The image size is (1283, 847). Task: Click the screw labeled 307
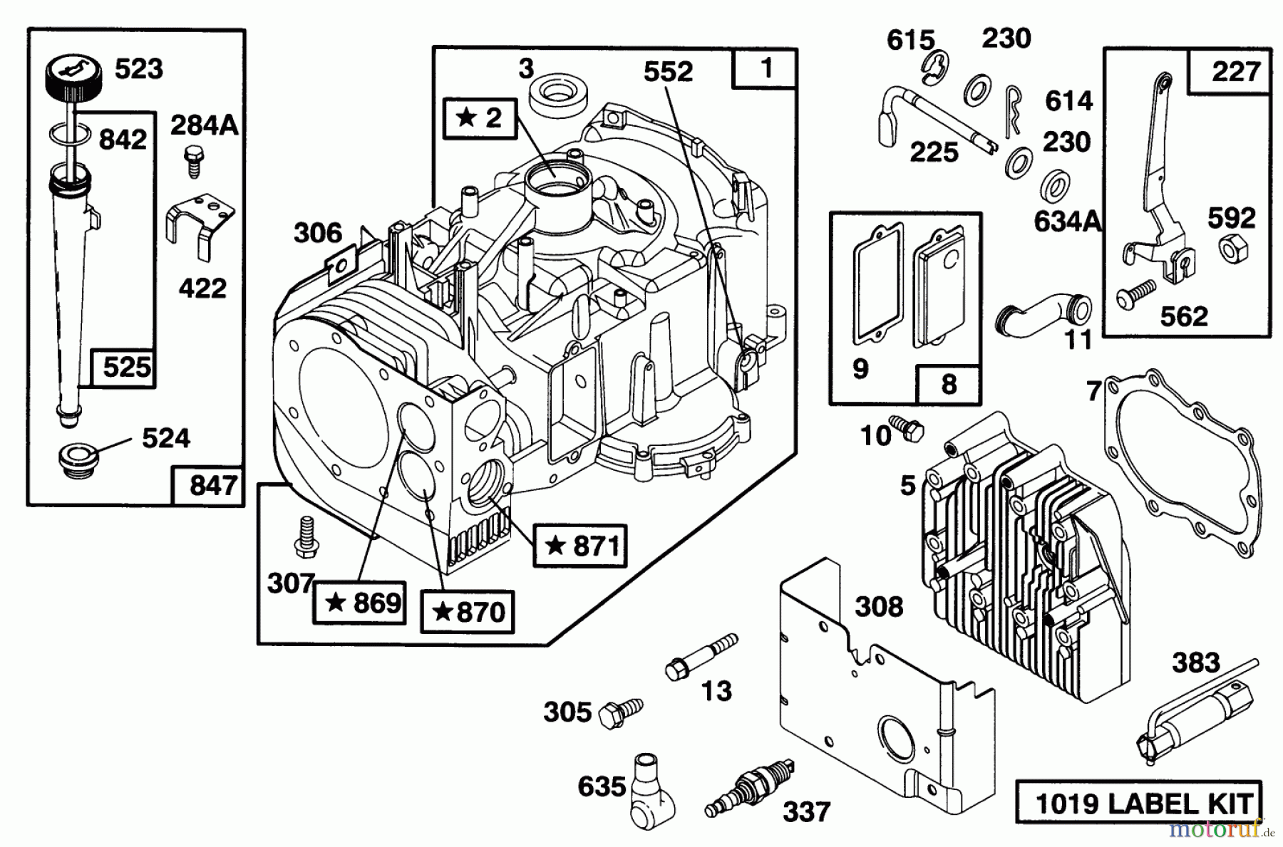306,536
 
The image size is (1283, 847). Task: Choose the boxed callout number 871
580,546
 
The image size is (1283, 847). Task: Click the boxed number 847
207,485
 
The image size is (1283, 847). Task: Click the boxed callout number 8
948,385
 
